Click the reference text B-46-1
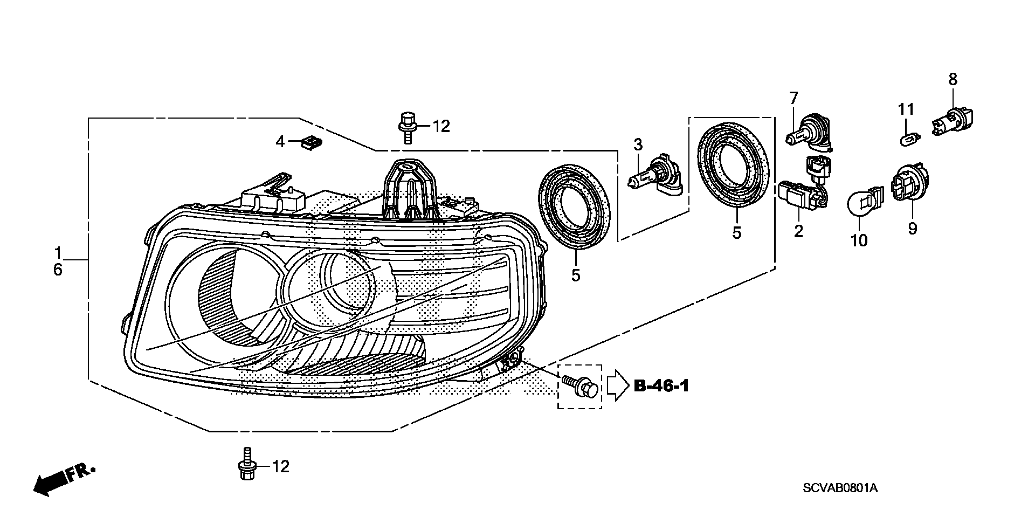point(661,386)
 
